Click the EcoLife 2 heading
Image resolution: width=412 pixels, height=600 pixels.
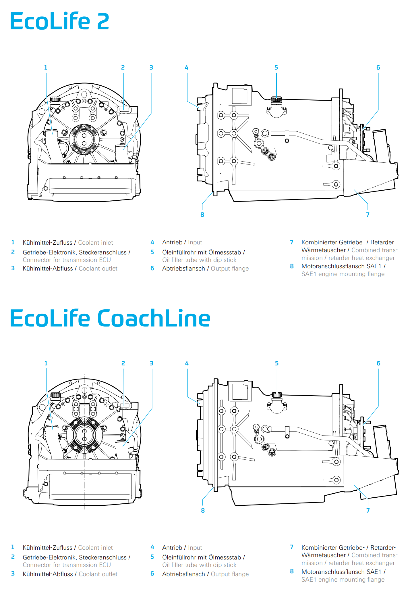coord(59,21)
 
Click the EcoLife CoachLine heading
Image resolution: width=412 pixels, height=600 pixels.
coord(110,318)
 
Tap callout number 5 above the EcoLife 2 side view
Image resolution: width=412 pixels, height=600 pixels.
coord(276,68)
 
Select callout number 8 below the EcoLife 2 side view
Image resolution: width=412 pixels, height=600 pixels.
coord(202,214)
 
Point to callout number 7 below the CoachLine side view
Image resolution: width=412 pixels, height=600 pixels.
coord(368,510)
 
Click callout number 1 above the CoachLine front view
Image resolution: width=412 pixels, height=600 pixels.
coord(46,363)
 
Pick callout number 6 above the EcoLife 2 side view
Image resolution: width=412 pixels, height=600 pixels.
coord(378,68)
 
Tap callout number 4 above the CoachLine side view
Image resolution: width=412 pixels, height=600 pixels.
coord(187,363)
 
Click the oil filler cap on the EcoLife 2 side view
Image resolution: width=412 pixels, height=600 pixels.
coord(276,99)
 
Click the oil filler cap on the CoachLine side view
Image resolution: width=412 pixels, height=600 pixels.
coord(277,395)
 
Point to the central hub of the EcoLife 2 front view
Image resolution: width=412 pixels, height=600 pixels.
coord(84,139)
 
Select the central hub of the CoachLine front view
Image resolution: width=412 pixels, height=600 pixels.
coord(84,435)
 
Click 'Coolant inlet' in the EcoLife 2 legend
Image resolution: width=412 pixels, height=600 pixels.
coord(96,243)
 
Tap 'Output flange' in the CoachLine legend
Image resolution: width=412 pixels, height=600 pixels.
coord(230,574)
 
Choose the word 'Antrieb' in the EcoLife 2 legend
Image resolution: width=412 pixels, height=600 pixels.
coord(172,242)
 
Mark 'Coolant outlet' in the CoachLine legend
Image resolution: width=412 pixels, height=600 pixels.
coord(98,574)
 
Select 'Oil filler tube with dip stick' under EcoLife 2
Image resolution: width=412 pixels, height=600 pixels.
coord(199,260)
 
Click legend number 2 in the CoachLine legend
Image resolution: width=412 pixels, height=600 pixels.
coord(13,557)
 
